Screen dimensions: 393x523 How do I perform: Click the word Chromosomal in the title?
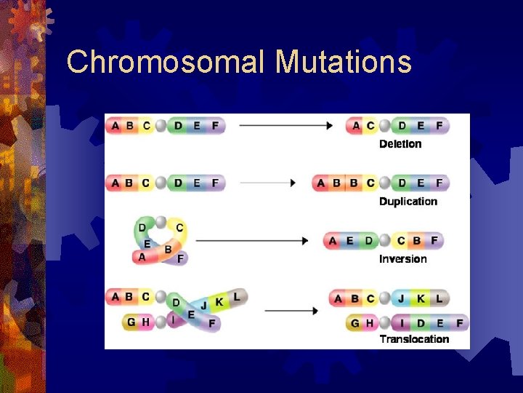[x=167, y=62]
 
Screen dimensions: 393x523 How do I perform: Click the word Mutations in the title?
[x=344, y=62]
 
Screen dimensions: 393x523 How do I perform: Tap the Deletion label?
[x=400, y=144]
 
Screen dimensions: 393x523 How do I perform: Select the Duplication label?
[x=408, y=202]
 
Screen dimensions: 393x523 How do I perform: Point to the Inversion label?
[x=403, y=259]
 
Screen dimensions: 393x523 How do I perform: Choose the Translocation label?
[x=414, y=339]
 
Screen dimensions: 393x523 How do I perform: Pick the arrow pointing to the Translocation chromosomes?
[x=291, y=311]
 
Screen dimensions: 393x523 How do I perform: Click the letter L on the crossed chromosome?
[x=236, y=297]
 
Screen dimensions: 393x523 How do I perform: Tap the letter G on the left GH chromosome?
[x=131, y=322]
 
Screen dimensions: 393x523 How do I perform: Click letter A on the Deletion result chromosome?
[x=356, y=126]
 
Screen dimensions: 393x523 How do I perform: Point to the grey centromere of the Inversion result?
[x=385, y=241]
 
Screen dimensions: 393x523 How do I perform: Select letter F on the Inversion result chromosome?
[x=434, y=241]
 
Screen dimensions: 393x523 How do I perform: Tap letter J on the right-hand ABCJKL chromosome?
[x=401, y=298]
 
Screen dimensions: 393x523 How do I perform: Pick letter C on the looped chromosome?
[x=179, y=228]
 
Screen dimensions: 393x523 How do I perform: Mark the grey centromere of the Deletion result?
[x=385, y=126]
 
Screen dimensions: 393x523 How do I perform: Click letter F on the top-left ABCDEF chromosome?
[x=214, y=125]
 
